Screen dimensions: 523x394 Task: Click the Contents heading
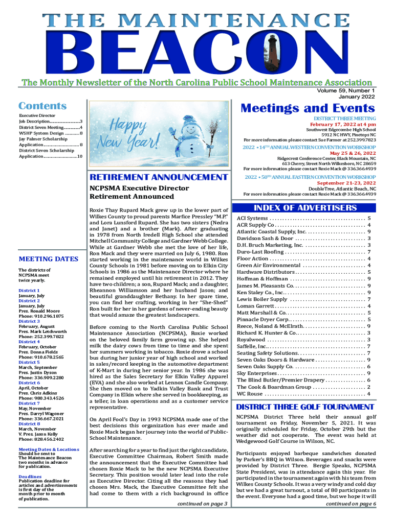(x=42, y=106)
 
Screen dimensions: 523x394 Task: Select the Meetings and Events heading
(x=308, y=108)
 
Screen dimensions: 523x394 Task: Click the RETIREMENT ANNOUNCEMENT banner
(x=158, y=177)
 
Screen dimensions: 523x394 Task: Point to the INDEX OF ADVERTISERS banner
(x=305, y=208)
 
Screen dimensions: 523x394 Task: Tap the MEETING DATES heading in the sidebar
(x=48, y=259)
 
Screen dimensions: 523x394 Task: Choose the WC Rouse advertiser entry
(x=250, y=394)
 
